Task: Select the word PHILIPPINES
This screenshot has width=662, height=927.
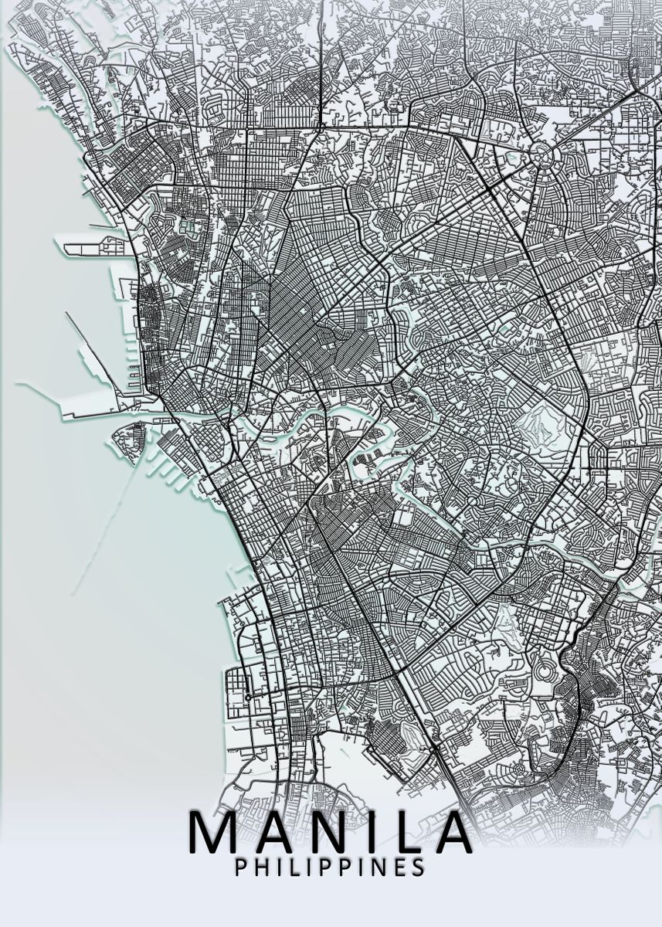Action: pos(330,867)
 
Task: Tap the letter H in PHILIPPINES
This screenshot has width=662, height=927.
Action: pos(262,867)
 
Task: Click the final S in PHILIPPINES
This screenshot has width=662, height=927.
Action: pos(418,867)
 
